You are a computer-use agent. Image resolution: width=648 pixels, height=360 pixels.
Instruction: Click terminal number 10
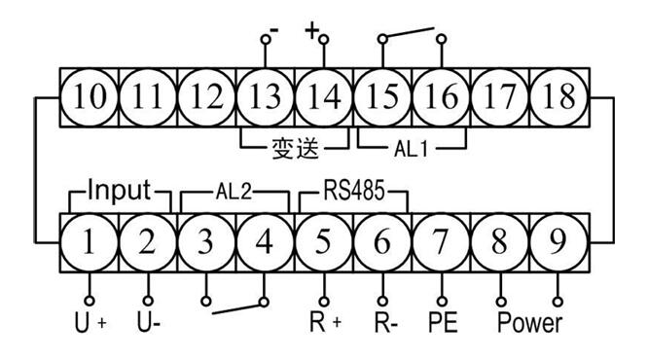click(89, 95)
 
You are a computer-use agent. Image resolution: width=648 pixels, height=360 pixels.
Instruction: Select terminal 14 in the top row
click(323, 95)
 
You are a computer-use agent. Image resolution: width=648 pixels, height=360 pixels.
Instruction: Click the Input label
click(120, 190)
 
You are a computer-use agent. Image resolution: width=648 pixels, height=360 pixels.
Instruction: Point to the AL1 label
click(410, 151)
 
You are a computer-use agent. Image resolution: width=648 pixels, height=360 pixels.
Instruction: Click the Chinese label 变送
click(294, 151)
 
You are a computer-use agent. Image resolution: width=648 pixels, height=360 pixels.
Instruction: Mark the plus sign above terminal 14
click(311, 31)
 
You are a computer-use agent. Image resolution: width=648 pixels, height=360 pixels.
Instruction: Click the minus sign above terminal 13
click(275, 32)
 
